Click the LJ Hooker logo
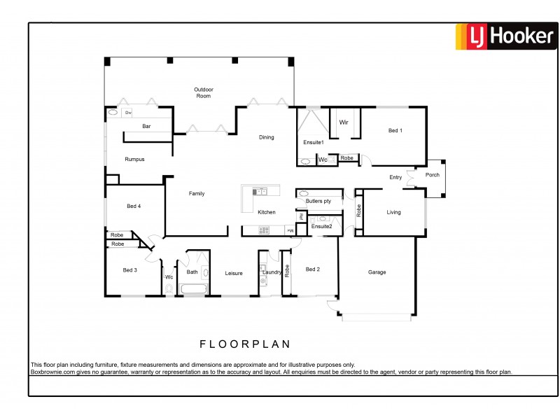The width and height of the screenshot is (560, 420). (x=505, y=36)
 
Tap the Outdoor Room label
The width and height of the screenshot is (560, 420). (x=203, y=92)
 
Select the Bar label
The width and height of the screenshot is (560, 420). (x=147, y=127)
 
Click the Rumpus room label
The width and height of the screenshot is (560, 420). (x=134, y=160)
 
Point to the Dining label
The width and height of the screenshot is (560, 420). (x=267, y=137)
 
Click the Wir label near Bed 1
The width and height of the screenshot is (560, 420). (x=344, y=122)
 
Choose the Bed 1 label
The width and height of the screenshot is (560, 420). (x=395, y=131)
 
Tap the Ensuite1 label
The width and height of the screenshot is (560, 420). (x=313, y=143)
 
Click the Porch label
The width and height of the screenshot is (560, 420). (x=433, y=175)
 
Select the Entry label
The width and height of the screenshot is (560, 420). (x=395, y=178)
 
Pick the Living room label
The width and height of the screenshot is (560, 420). (x=394, y=212)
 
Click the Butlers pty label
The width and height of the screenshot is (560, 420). (x=318, y=202)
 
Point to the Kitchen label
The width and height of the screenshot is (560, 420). (x=267, y=212)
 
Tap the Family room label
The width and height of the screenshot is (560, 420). (x=197, y=194)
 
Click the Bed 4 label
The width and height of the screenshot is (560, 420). (x=134, y=206)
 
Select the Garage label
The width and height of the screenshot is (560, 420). (x=377, y=272)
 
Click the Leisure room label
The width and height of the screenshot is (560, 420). (x=234, y=274)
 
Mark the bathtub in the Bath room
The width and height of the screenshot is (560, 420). (x=194, y=288)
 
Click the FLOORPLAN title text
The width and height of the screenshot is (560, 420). (x=245, y=344)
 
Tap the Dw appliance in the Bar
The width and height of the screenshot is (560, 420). (x=128, y=112)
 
